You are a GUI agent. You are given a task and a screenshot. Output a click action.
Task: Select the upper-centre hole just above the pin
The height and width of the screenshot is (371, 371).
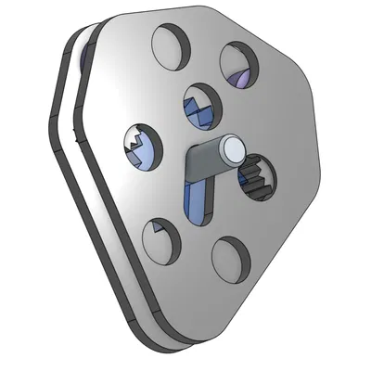pos(198,105)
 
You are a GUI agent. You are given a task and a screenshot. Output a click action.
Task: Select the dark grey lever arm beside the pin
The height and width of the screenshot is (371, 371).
pos(200,162)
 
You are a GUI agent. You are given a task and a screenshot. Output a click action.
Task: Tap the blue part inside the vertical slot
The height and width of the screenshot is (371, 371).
pos(198,199)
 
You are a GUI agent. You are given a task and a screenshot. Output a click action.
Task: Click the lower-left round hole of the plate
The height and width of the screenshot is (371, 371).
pos(160,242)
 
